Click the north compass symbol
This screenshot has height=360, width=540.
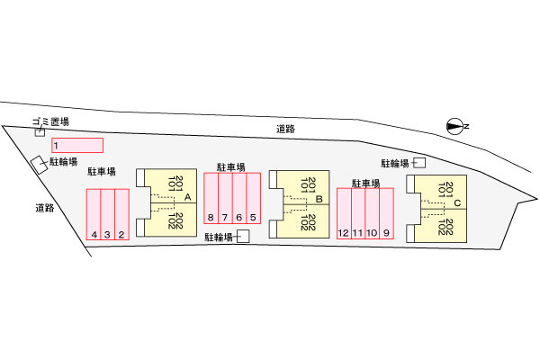[x=456, y=126]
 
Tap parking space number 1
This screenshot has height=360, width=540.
[x=76, y=145]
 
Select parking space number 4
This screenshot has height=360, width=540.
[x=94, y=216]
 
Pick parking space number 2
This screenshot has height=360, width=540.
[x=121, y=216]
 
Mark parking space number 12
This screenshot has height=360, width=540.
[x=343, y=214]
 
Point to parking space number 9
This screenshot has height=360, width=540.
[x=386, y=214]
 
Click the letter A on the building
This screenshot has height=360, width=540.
[x=187, y=196]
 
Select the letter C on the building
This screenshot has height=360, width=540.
[x=457, y=203]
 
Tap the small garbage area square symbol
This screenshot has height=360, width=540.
[x=40, y=132]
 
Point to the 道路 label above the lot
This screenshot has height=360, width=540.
[x=286, y=130]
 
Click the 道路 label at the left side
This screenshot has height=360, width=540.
[x=45, y=208]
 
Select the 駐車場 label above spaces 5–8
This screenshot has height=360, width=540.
[x=231, y=166]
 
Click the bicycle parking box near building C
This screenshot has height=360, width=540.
[x=419, y=162]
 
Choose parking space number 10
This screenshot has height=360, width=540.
[x=372, y=214]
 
